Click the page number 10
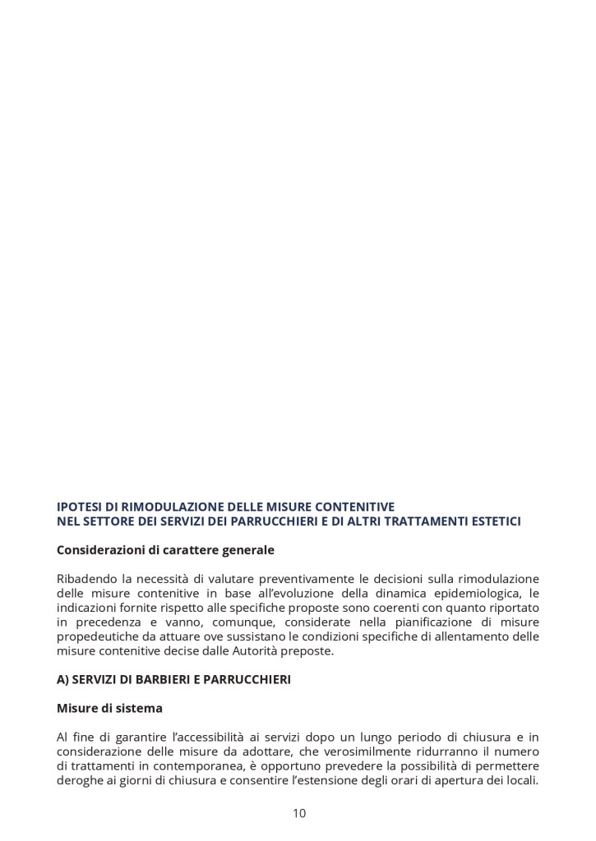(298, 814)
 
